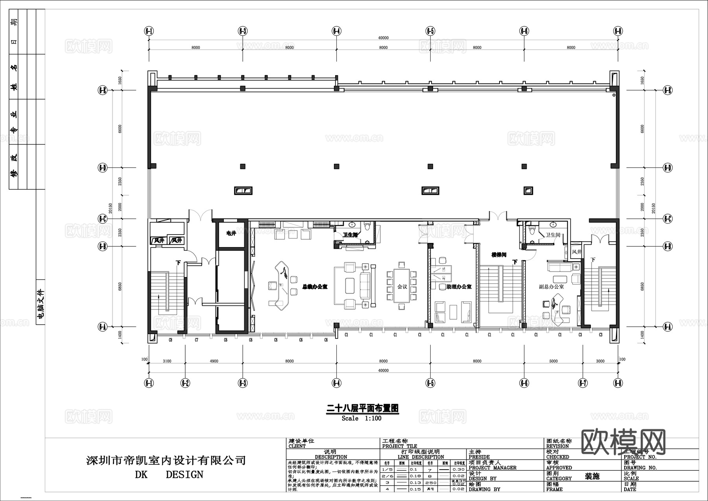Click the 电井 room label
pyautogui.click(x=231, y=233)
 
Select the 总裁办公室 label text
pyautogui.click(x=315, y=287)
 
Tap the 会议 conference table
pyautogui.click(x=402, y=286)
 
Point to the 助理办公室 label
pyautogui.click(x=459, y=287)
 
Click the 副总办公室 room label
pyautogui.click(x=551, y=287)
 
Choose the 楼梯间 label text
pyautogui.click(x=498, y=255)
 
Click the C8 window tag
pyautogui.click(x=170, y=340)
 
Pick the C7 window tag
pyautogui.click(x=196, y=340)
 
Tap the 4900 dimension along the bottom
pyautogui.click(x=214, y=361)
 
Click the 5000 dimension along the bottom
pyautogui.click(x=553, y=361)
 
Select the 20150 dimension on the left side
pyautogui.click(x=111, y=209)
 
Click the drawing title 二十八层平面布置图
pyautogui.click(x=363, y=409)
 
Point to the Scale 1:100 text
pyautogui.click(x=361, y=418)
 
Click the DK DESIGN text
pyautogui.click(x=169, y=475)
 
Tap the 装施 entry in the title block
pyautogui.click(x=592, y=476)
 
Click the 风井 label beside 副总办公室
pyautogui.click(x=576, y=252)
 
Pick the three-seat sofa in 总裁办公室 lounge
pyautogui.click(x=365, y=285)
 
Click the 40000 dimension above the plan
pyautogui.click(x=383, y=38)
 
